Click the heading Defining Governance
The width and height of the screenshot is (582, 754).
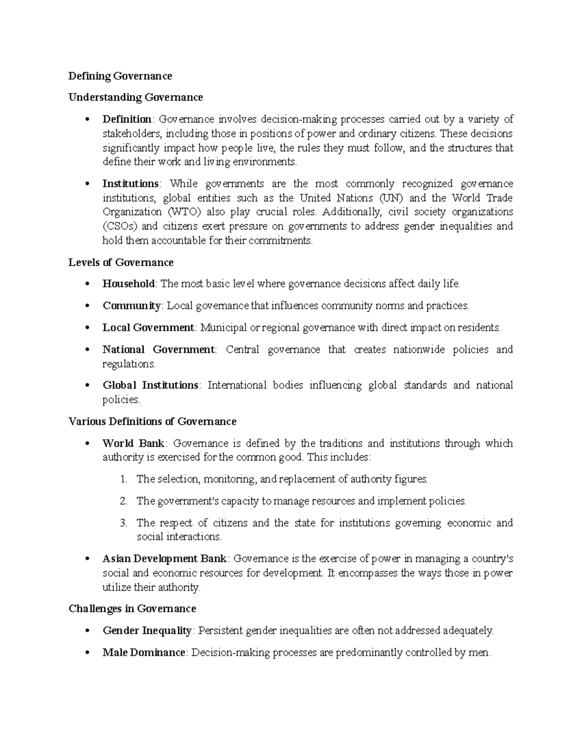120,76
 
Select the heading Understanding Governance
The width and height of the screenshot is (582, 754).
135,97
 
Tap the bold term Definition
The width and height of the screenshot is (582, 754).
127,119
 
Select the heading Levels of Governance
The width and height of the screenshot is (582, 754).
121,262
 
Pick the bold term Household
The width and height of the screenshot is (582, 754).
129,284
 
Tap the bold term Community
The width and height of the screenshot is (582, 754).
131,305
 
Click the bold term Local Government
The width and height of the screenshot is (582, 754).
148,327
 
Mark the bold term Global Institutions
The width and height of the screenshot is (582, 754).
150,385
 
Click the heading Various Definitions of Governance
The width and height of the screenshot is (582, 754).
152,421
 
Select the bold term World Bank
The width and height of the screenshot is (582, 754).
134,443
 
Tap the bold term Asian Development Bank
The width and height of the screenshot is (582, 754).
164,558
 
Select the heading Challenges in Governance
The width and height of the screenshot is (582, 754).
132,608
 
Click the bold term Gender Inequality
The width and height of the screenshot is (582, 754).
147,630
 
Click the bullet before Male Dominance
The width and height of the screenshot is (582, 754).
87,653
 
